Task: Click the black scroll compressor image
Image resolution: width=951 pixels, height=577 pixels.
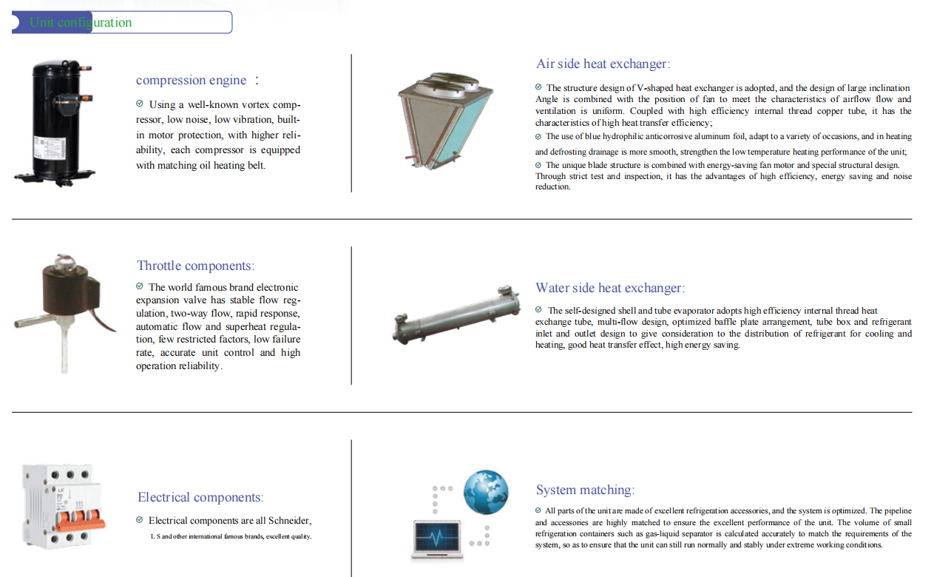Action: point(56,122)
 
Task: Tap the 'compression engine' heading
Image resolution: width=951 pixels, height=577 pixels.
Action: point(192,80)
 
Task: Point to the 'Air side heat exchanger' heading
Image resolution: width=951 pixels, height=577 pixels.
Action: point(603,64)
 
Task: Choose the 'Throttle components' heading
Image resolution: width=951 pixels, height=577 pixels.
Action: point(195,266)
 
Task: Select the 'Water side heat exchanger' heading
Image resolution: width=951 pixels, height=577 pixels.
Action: point(610,288)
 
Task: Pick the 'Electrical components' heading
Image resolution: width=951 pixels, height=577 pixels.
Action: point(200,497)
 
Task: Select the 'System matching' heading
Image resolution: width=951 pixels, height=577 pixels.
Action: point(585,490)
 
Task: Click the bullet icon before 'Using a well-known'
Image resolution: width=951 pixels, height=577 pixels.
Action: point(140,104)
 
